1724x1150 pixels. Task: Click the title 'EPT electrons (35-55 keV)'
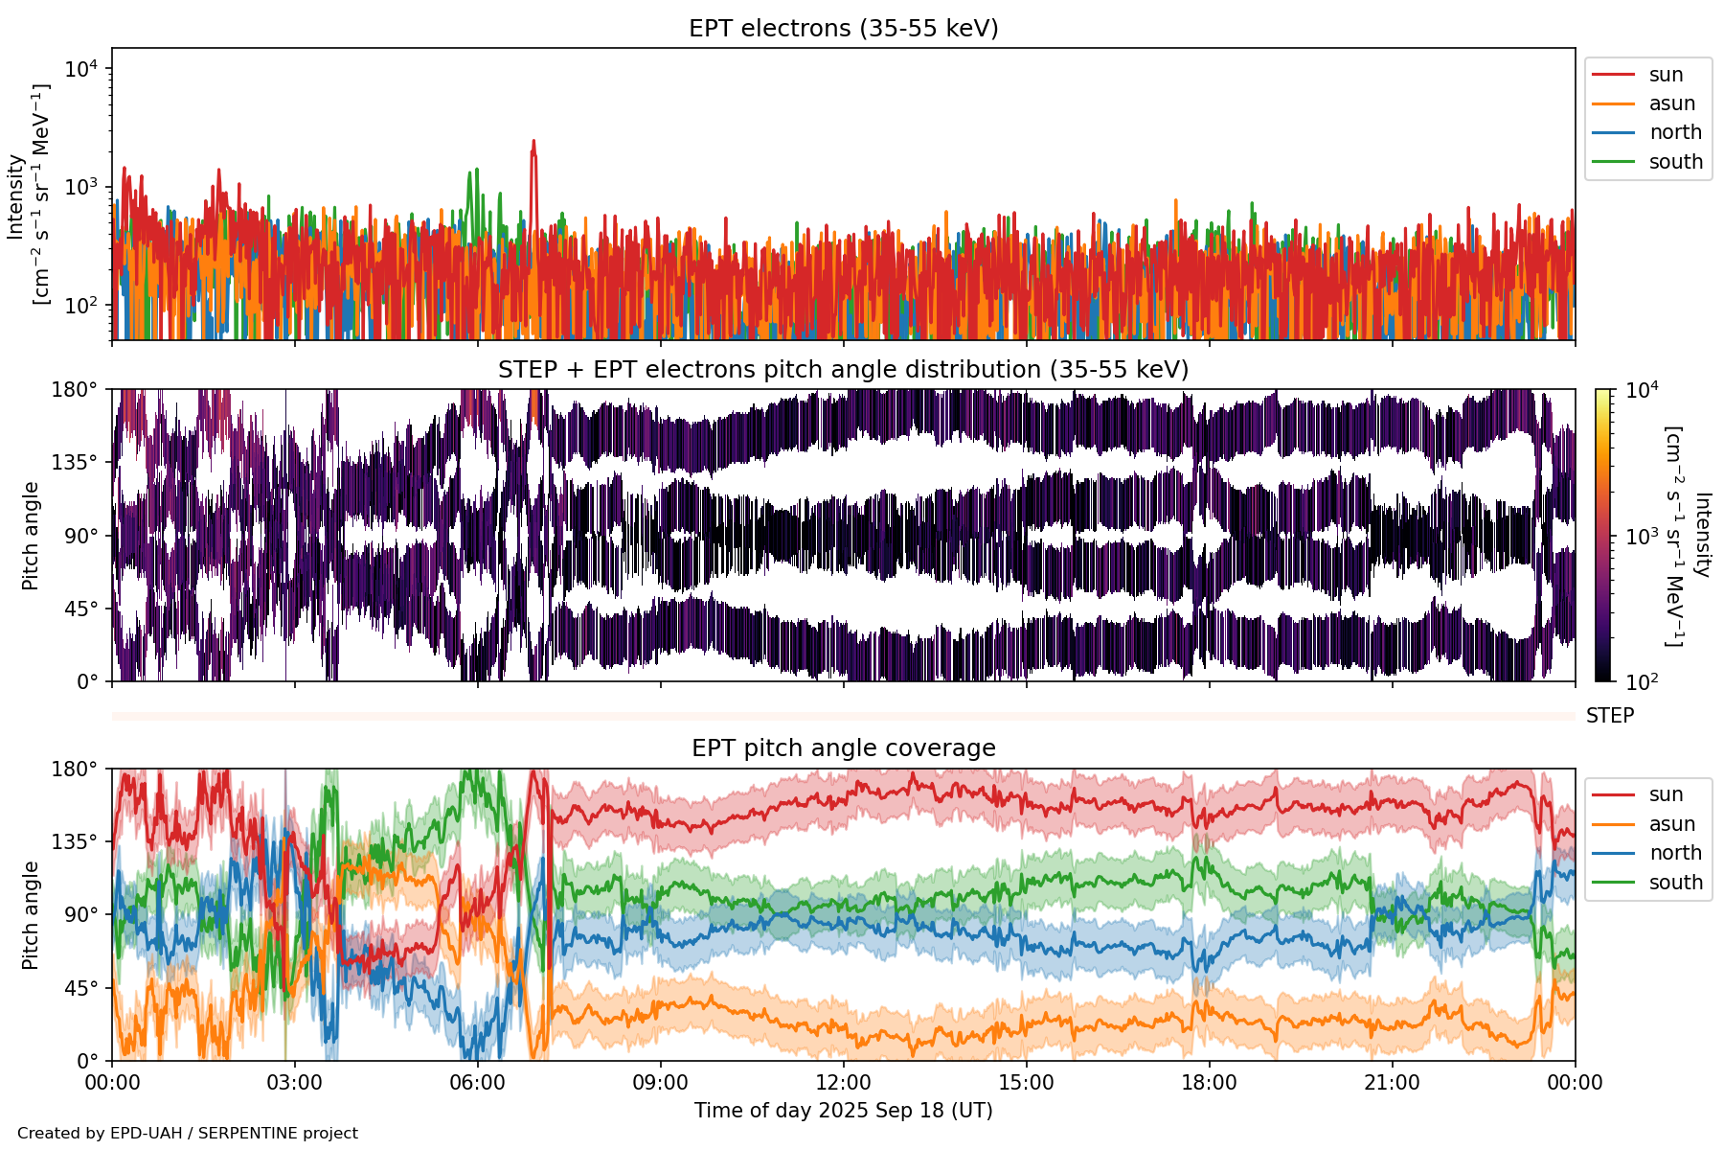(843, 29)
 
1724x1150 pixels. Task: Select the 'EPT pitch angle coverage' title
(843, 748)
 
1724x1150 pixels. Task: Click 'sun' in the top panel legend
(1666, 75)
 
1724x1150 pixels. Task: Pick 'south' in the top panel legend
(1675, 162)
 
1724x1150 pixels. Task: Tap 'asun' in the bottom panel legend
(1671, 824)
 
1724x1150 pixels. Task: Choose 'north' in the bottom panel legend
(1675, 853)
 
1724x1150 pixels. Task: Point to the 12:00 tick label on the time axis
(843, 1083)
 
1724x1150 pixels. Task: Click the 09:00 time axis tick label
(661, 1083)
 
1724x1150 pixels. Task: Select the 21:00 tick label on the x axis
(1392, 1083)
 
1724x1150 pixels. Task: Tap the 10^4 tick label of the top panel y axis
(81, 69)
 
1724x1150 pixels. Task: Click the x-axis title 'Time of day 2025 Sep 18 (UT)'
(843, 1111)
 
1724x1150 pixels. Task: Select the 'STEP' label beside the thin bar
(1609, 716)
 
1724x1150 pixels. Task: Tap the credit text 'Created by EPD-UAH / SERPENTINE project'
(188, 1133)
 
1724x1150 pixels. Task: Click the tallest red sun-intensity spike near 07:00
(533, 142)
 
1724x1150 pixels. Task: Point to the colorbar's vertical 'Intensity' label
(1701, 535)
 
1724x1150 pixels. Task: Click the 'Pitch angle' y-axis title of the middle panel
(31, 536)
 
